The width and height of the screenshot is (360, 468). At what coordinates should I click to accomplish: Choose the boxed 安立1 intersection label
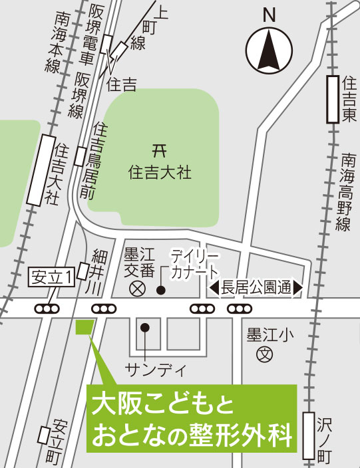tap(51, 278)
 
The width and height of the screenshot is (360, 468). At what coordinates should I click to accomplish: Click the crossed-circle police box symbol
tap(137, 289)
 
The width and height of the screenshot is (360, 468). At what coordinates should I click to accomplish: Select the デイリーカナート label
tap(194, 265)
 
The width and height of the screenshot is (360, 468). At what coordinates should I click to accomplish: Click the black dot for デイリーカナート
tap(160, 290)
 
